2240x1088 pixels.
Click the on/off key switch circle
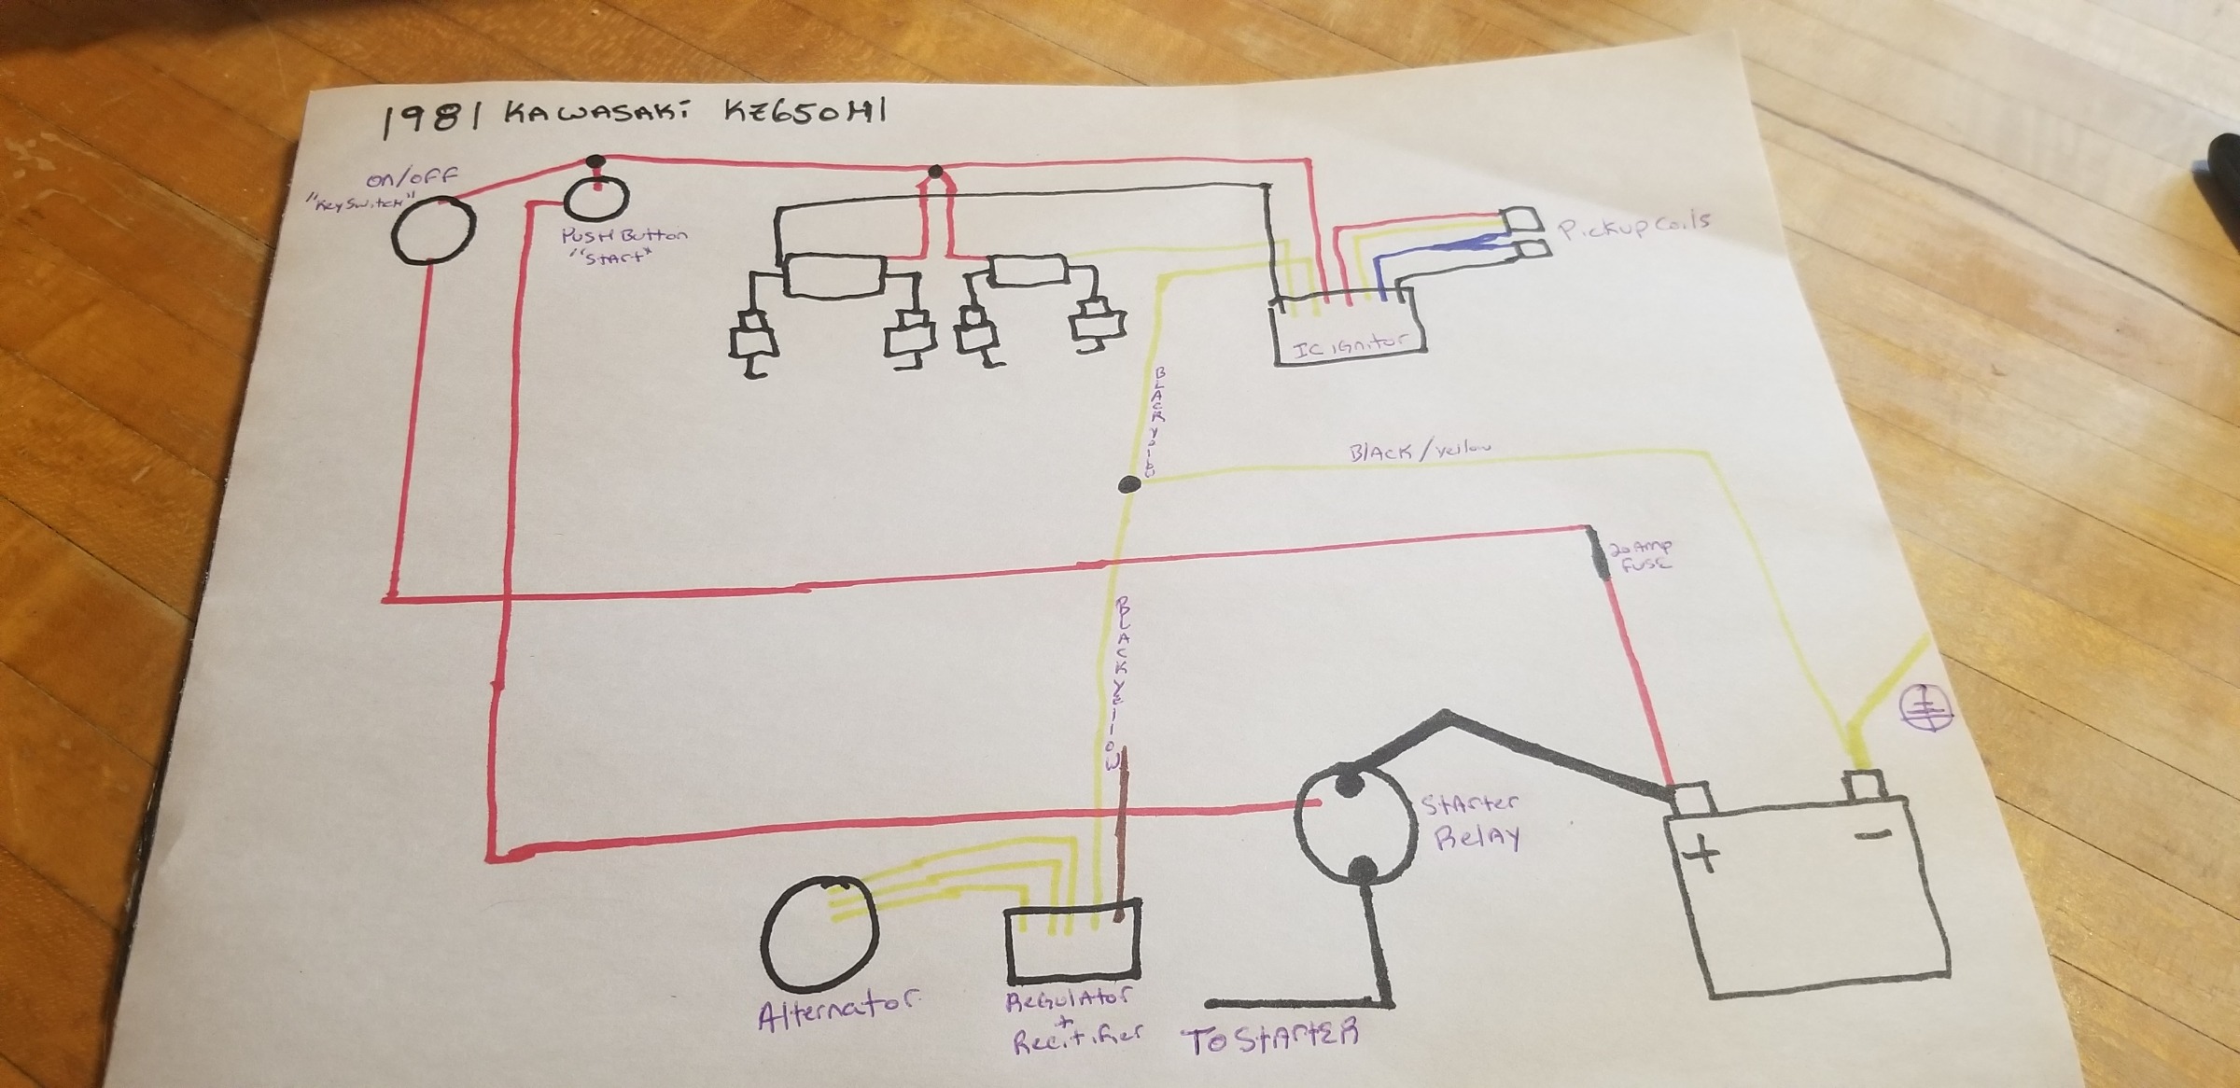click(x=432, y=230)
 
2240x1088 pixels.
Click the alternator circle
click(x=819, y=932)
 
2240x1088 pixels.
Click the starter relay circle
click(x=1352, y=825)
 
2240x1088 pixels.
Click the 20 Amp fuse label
click(x=1640, y=555)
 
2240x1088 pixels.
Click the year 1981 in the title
click(x=428, y=120)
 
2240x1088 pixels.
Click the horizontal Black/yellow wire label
click(x=1419, y=452)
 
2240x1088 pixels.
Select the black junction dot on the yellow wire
click(x=1129, y=484)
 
